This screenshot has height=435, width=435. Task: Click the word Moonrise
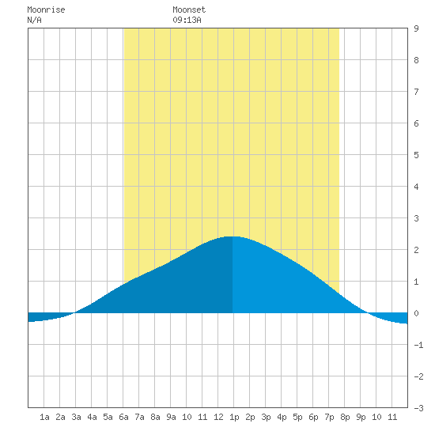pos(46,9)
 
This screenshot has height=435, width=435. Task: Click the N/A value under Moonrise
pos(34,20)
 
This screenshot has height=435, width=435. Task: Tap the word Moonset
pos(189,9)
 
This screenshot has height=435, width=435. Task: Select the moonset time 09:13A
pos(187,20)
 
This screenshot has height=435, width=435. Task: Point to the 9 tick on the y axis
pos(416,28)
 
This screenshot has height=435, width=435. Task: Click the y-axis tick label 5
pos(416,155)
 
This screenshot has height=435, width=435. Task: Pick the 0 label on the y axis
pos(416,313)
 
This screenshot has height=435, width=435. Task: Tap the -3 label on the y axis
pos(418,408)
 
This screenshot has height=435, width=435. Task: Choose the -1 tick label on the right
pos(418,345)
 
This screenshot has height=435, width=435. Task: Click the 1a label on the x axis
pos(44,417)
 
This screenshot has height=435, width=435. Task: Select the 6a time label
pos(123,417)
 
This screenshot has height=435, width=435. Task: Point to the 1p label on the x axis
pos(234,417)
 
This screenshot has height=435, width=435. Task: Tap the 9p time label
pos(361,417)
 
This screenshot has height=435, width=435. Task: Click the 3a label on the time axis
pos(76,417)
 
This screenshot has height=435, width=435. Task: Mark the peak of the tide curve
pos(233,236)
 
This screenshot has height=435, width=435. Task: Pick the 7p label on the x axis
pos(329,417)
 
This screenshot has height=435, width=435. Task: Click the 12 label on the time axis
pos(218,417)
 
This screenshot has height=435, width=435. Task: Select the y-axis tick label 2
pos(416,250)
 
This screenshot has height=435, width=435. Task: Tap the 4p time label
pos(282,417)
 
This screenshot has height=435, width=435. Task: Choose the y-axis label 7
pos(416,92)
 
